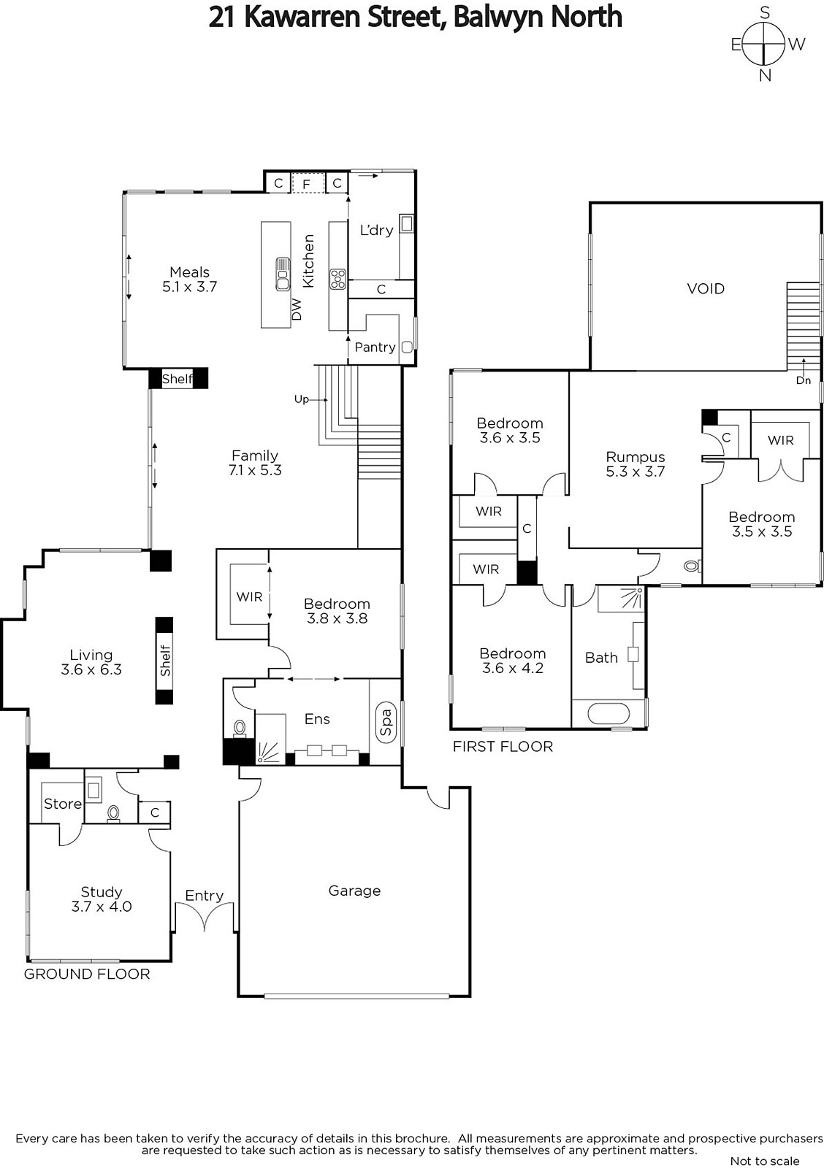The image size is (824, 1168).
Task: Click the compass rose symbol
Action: coord(763,45)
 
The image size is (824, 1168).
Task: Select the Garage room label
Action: coord(354,891)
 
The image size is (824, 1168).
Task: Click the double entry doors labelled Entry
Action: coord(205,918)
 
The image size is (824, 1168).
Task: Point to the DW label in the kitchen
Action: coord(297,310)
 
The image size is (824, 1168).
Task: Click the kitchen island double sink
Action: coord(283,274)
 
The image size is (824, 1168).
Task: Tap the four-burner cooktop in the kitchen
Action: coord(337,278)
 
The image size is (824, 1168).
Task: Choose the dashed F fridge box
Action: coord(307,182)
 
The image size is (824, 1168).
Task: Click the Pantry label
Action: coord(375,347)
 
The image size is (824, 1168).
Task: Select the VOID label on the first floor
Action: coord(706,289)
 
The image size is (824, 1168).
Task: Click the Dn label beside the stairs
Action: coord(803,380)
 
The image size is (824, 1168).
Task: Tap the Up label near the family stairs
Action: coord(302,399)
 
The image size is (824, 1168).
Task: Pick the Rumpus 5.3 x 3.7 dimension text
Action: coord(635,472)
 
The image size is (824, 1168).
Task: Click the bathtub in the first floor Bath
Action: coord(609,713)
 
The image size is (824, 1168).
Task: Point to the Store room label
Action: coord(63,804)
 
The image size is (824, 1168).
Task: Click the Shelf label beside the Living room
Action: coord(165,661)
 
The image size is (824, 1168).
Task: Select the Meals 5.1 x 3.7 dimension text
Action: coord(189,287)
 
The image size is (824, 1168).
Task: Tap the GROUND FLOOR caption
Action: coord(87,974)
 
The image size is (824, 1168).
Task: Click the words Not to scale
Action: coord(765,1161)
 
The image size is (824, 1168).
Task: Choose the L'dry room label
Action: coord(376,230)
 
